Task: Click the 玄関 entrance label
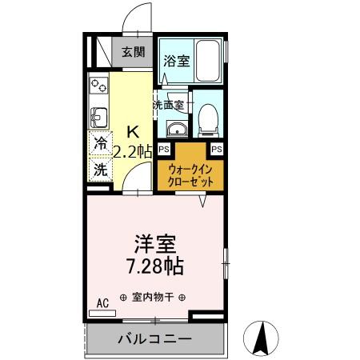134,54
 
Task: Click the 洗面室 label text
169,105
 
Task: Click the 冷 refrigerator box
100,145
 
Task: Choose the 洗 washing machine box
100,170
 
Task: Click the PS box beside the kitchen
163,149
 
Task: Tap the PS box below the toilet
216,149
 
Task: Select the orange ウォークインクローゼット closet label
190,175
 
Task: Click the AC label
102,302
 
